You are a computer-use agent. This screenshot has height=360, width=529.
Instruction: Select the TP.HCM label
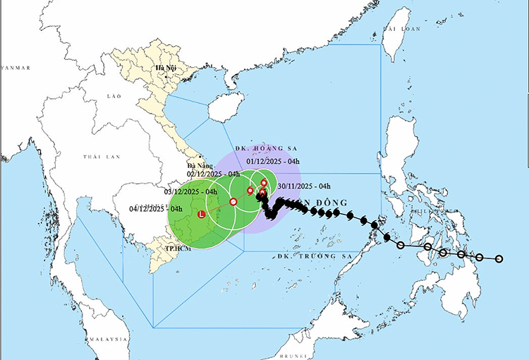point(179,249)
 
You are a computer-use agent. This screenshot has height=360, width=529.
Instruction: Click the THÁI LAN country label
point(98,157)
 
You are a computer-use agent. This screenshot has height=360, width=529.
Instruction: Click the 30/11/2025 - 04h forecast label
point(305,186)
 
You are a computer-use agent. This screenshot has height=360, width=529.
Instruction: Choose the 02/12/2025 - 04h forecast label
point(214,174)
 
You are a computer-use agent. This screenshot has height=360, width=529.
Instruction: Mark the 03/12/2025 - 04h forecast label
point(190,192)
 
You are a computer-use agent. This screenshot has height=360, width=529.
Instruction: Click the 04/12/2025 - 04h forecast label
point(157,209)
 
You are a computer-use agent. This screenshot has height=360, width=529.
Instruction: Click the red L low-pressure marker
point(202,214)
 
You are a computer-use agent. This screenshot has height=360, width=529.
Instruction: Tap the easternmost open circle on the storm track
point(499,259)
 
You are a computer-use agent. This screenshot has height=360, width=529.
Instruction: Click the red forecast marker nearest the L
point(233,202)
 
